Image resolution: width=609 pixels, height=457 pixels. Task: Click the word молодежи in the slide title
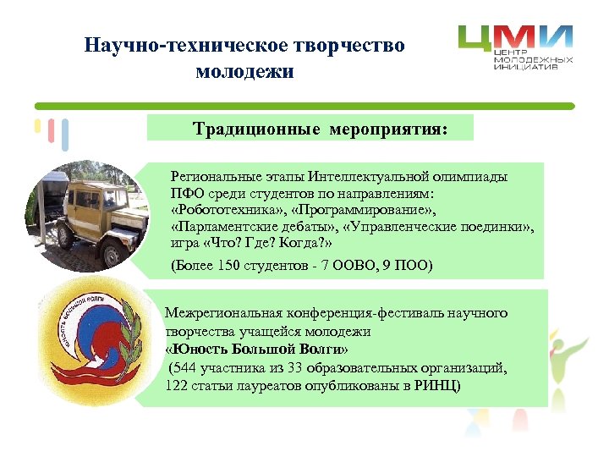pyautogui.click(x=244, y=71)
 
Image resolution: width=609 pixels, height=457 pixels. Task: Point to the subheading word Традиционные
pyautogui.click(x=255, y=129)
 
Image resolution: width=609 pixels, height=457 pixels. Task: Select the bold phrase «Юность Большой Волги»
pyautogui.click(x=256, y=350)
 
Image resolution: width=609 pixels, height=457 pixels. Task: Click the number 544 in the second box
pyautogui.click(x=190, y=367)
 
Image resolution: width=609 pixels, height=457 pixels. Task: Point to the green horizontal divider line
pyautogui.click(x=304, y=106)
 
